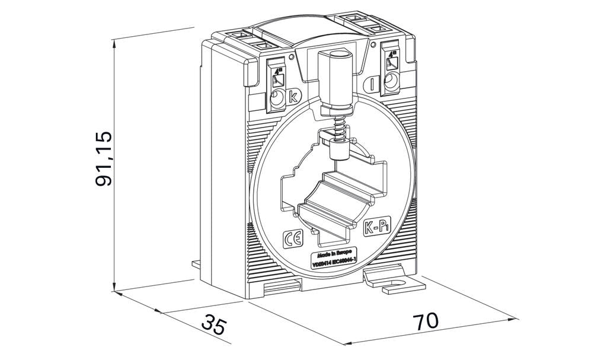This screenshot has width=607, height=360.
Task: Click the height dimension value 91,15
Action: pyautogui.click(x=104, y=158)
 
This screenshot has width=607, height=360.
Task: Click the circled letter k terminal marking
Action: pyautogui.click(x=294, y=97)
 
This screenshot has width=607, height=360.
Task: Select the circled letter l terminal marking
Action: pyautogui.click(x=372, y=84)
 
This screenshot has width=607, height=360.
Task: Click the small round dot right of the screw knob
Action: pyautogui.click(x=371, y=43)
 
